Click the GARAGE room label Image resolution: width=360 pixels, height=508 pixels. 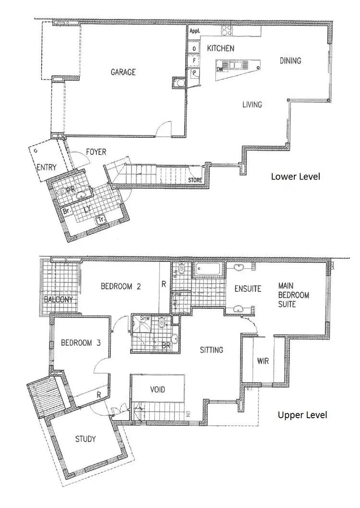tap(123, 72)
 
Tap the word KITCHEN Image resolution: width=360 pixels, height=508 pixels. tap(220, 48)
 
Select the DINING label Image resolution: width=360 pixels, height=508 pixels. tap(290, 60)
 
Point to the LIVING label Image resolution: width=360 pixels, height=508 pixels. tap(252, 104)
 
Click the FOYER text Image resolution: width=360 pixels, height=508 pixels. tap(96, 152)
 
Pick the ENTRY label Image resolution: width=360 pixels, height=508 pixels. tap(47, 168)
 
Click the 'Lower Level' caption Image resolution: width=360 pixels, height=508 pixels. tap(295, 176)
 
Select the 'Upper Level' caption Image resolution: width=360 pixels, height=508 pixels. tap(302, 414)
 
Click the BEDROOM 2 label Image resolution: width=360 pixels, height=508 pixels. tap(120, 287)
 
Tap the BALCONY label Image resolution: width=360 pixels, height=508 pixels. tap(58, 300)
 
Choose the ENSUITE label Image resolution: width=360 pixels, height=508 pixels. tap(248, 289)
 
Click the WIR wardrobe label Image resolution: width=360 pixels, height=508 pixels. tap(263, 360)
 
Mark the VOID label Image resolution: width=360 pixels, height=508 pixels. tap(158, 389)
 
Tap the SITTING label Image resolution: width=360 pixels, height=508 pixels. tap(212, 350)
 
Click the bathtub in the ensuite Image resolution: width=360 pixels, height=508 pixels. tap(208, 270)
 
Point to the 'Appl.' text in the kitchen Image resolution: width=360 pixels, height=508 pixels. tap(194, 31)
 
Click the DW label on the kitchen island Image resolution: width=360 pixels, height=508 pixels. tap(220, 70)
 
